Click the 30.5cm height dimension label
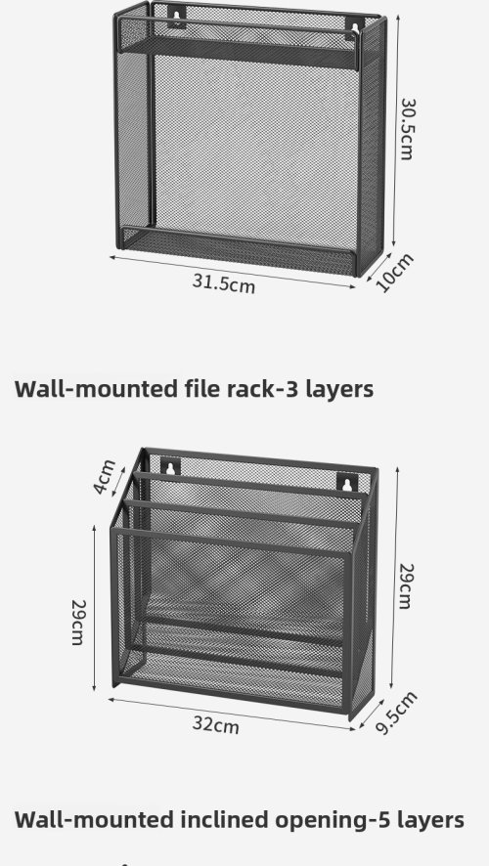pyautogui.click(x=407, y=129)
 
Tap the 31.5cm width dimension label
pyautogui.click(x=224, y=283)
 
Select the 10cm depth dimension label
pyautogui.click(x=394, y=273)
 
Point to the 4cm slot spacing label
pyautogui.click(x=105, y=477)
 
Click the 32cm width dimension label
pyautogui.click(x=216, y=724)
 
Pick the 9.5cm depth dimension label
pyautogui.click(x=396, y=713)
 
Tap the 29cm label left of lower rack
pyautogui.click(x=77, y=622)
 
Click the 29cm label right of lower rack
pyautogui.click(x=406, y=586)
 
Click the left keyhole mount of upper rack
pyautogui.click(x=177, y=17)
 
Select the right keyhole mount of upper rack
pyautogui.click(x=355, y=27)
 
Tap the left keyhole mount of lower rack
pyautogui.click(x=170, y=466)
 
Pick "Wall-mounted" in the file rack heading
pyautogui.click(x=96, y=388)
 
